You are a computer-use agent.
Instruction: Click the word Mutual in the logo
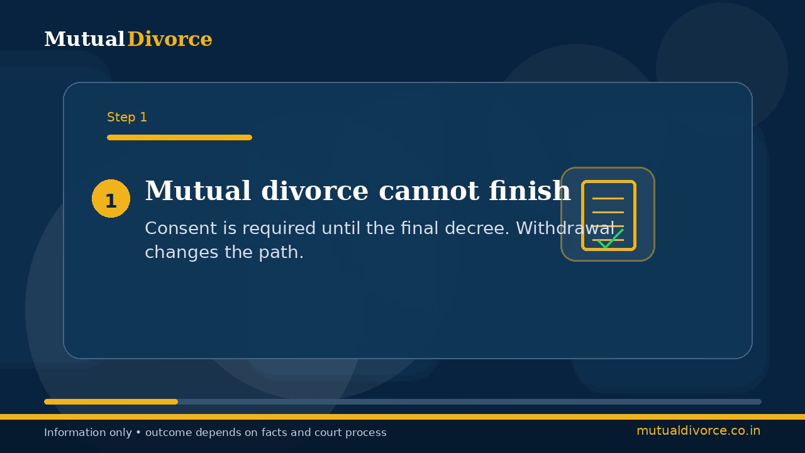(84, 39)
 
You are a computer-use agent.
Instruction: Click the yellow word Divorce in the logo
(170, 39)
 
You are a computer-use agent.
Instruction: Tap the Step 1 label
(127, 117)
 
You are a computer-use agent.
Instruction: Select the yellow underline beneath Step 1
(179, 137)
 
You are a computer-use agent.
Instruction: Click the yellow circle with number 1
(111, 198)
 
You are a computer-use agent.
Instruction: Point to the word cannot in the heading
(429, 191)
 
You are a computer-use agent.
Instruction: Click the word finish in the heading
(530, 190)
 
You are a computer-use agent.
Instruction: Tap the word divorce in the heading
(314, 190)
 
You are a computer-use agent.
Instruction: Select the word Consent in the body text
(180, 228)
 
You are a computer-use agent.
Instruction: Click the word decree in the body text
(477, 228)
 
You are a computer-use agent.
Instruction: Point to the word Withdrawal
(565, 228)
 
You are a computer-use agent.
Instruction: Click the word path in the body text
(281, 252)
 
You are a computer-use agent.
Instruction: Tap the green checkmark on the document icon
(610, 238)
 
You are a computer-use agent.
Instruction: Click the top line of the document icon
(608, 198)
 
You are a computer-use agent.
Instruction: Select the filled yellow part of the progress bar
(111, 401)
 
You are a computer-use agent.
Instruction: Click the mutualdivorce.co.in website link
(698, 431)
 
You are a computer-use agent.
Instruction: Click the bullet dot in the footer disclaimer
(138, 432)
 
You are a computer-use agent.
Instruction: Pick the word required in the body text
(279, 229)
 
